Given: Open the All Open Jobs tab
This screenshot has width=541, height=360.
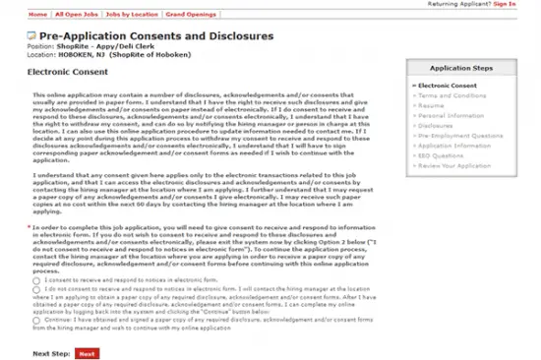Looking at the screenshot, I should coord(75,17).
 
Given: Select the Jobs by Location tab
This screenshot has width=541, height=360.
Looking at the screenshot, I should coord(131,17).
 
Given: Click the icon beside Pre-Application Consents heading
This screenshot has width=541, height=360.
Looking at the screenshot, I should coord(32,34).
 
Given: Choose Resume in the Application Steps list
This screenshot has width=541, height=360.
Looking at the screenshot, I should coord(432,105).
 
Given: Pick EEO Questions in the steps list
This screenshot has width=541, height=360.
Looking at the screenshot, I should coord(443,155).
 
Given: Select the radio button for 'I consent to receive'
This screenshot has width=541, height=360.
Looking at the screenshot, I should coord(35,280).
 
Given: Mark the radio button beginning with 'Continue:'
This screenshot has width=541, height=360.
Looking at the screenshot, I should coord(35,320).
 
